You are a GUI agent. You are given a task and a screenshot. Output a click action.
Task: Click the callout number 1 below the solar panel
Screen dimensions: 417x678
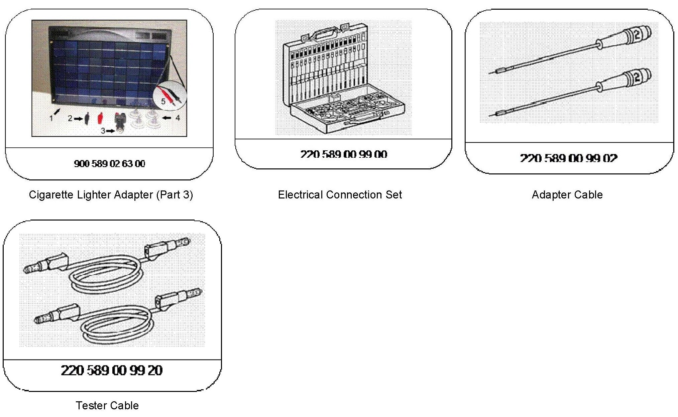point(51,118)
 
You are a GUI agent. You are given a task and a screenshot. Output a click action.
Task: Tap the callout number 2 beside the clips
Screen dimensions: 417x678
point(70,118)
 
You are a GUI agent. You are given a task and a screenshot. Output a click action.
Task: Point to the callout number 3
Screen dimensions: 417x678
point(103,131)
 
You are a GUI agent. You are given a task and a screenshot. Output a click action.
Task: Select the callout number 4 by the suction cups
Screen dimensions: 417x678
point(178,118)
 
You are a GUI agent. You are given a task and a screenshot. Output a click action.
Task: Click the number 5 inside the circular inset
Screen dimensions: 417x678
point(163,101)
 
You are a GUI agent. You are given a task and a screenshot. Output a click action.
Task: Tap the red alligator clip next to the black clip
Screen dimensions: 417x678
point(99,118)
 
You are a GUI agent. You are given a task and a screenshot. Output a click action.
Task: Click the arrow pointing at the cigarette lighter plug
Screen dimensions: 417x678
point(111,131)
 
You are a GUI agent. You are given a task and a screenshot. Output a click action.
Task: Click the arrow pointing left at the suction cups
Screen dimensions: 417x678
point(166,118)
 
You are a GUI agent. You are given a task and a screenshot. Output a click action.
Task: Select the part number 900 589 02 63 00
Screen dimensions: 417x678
point(109,163)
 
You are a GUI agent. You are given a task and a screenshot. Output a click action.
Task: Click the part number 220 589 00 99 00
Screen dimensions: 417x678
point(344,154)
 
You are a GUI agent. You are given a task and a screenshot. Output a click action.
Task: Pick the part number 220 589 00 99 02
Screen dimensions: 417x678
point(569,158)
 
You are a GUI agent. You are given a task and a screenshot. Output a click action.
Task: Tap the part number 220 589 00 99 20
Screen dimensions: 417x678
point(112,370)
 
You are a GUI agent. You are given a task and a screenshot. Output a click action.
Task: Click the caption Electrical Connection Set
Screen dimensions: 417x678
point(340,194)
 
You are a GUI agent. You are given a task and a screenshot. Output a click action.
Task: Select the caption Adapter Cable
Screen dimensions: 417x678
point(567,194)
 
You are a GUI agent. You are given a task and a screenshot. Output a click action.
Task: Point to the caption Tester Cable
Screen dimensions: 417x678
point(107,405)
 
